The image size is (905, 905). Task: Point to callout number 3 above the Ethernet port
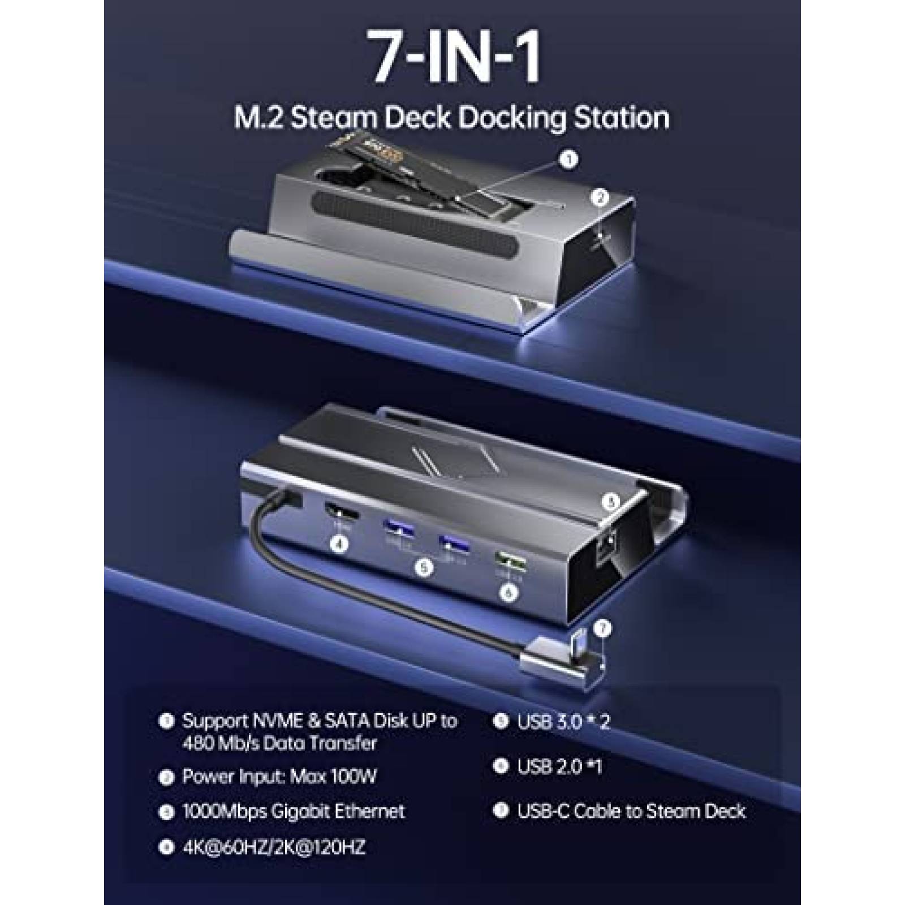tap(610, 501)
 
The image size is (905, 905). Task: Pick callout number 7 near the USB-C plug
tap(605, 628)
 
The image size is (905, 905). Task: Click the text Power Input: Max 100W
tap(279, 776)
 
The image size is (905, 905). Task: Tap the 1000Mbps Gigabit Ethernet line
tap(293, 811)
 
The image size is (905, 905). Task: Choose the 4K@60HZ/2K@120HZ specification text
tap(274, 847)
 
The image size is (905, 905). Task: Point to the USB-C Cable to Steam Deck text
tap(631, 811)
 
